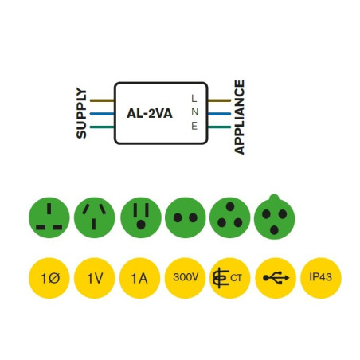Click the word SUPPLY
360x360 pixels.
pos(81,114)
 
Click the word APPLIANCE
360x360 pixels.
pos(240,116)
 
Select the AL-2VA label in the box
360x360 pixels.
pos(150,114)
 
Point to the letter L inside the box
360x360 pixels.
pos(194,98)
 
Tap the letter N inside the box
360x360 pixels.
pos(194,112)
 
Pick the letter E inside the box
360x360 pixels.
pos(194,127)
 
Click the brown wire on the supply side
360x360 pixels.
pos(102,101)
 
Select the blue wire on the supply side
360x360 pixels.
pos(102,114)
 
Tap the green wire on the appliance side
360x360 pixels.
pos(219,127)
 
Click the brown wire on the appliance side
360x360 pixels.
pos(219,101)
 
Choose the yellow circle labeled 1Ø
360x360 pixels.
pos(49,278)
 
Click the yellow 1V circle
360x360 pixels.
pos(95,278)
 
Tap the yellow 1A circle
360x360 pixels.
pos(140,278)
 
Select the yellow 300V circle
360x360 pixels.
pos(186,278)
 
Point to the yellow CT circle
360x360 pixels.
pos(230,278)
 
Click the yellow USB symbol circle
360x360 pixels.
pos(276,278)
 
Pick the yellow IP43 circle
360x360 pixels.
pos(320,278)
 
